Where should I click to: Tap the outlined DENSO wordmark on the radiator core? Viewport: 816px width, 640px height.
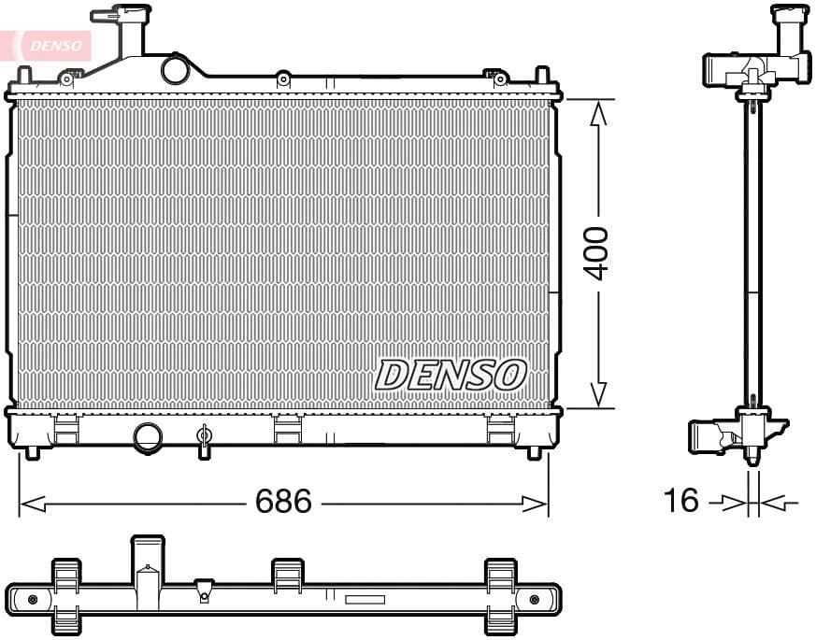tap(451, 375)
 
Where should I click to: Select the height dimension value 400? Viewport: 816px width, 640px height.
tap(596, 252)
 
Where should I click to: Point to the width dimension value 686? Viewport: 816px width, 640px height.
tap(283, 502)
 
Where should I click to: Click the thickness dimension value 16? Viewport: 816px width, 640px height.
tap(680, 501)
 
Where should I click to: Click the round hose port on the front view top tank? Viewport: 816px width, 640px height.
tap(175, 69)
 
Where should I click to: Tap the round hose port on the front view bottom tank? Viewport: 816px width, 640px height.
tap(148, 436)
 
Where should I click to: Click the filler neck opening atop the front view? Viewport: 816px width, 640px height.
tap(122, 16)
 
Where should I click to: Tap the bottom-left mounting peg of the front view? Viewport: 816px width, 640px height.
tap(33, 452)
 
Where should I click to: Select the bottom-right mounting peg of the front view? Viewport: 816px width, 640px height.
tap(534, 452)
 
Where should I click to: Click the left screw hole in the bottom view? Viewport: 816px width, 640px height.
tap(33, 599)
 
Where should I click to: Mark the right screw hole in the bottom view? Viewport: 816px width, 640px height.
tap(534, 599)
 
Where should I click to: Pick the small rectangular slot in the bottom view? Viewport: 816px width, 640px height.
tap(365, 600)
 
